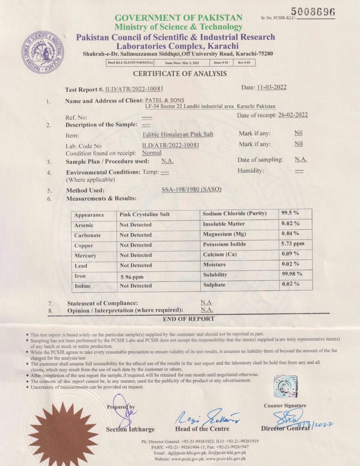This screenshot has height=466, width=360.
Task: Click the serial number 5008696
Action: click(x=313, y=12)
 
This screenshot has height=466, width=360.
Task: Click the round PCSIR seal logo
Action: click(x=43, y=52)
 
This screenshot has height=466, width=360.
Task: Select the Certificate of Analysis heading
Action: click(x=180, y=74)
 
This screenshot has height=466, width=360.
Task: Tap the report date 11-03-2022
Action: click(x=271, y=87)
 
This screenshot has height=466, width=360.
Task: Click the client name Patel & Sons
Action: click(x=165, y=100)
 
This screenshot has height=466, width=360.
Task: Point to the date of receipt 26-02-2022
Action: click(x=293, y=115)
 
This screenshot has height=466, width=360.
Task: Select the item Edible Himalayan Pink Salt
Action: click(x=178, y=134)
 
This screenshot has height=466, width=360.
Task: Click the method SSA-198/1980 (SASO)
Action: click(x=191, y=189)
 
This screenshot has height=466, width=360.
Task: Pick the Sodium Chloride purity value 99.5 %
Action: click(x=290, y=213)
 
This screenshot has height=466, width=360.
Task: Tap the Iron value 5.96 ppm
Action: click(x=132, y=277)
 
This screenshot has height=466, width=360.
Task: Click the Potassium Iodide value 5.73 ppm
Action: click(x=292, y=243)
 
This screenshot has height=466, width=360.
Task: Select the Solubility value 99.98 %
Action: click(x=292, y=274)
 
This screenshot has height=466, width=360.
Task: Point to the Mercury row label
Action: click(x=85, y=256)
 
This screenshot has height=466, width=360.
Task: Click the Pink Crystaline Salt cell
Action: click(x=144, y=214)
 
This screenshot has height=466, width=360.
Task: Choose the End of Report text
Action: click(x=188, y=319)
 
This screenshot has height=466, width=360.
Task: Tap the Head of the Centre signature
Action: click(x=207, y=418)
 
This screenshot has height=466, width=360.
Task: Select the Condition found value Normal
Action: click(x=151, y=153)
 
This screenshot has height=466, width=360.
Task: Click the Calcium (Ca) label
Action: click(x=220, y=254)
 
